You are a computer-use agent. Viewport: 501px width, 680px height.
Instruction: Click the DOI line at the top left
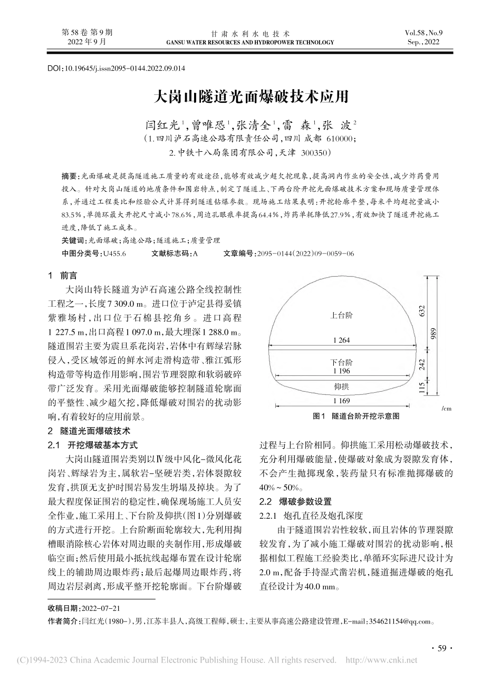[117, 69]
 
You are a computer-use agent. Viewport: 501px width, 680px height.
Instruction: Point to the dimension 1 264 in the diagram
[341, 341]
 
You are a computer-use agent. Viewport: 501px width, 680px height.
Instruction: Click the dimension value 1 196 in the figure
[341, 371]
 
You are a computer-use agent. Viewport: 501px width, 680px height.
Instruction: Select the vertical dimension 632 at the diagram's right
[422, 311]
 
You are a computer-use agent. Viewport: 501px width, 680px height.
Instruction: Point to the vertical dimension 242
[422, 365]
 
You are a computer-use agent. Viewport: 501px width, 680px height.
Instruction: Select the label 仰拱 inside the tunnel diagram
[341, 386]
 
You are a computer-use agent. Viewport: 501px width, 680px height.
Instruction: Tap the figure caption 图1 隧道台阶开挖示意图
[356, 416]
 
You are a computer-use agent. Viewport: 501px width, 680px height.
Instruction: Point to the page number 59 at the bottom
[442, 648]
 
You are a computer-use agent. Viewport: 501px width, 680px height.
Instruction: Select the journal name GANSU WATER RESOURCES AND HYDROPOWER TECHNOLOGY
[250, 42]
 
